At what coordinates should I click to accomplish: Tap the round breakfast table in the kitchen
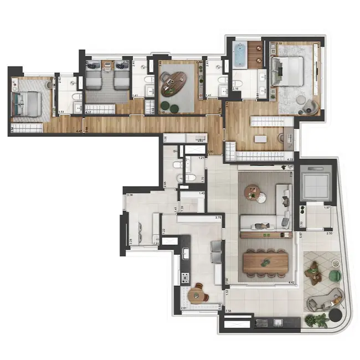click(x=197, y=295)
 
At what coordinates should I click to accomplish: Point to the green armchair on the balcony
click(x=335, y=275)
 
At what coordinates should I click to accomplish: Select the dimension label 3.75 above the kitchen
click(x=218, y=218)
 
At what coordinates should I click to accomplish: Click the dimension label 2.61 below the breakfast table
click(x=183, y=308)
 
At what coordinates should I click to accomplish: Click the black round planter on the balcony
click(x=336, y=315)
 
